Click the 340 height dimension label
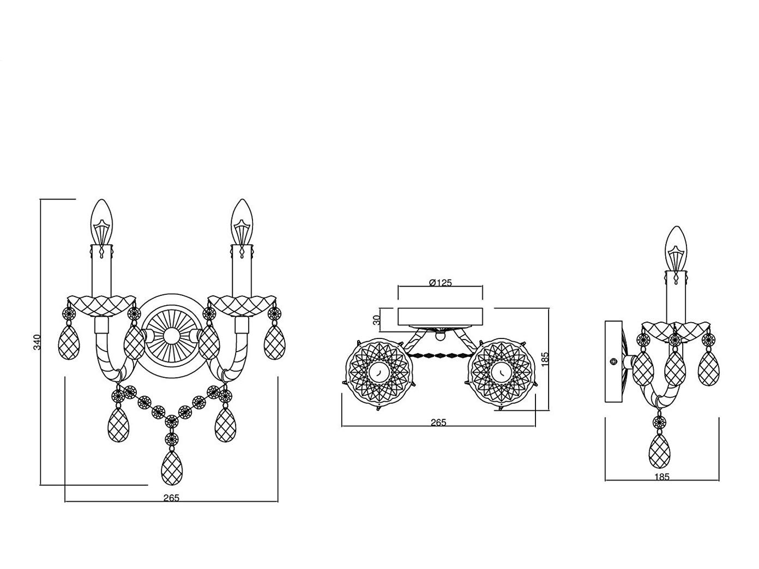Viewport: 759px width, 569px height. (x=37, y=342)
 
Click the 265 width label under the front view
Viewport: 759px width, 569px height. (x=171, y=498)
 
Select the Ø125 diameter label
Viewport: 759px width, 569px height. (x=440, y=283)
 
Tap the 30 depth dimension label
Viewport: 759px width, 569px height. (x=377, y=319)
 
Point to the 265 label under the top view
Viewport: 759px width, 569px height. (x=438, y=422)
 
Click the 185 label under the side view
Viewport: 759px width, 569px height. (x=662, y=477)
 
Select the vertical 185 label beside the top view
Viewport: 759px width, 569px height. (x=544, y=360)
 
